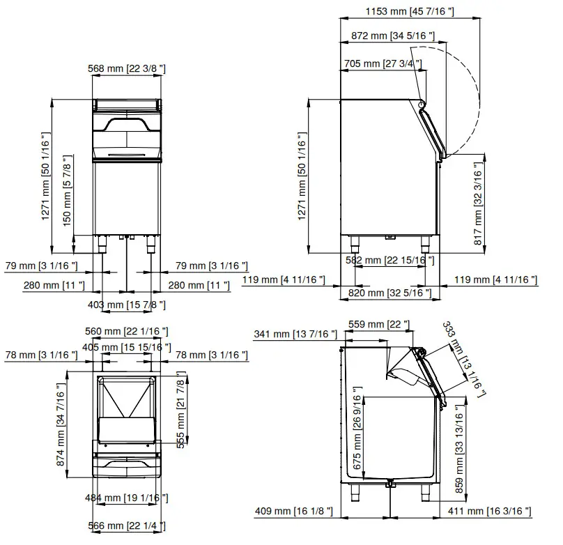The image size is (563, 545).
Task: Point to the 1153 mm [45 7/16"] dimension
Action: (x=410, y=10)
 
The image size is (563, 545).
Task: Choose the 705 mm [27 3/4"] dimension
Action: (x=383, y=64)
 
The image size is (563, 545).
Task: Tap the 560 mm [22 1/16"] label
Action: (x=128, y=331)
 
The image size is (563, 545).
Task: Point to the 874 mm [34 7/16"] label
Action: (x=61, y=429)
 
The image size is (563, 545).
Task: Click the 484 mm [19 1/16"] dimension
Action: (x=128, y=498)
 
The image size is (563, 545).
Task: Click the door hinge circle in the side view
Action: (x=422, y=104)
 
